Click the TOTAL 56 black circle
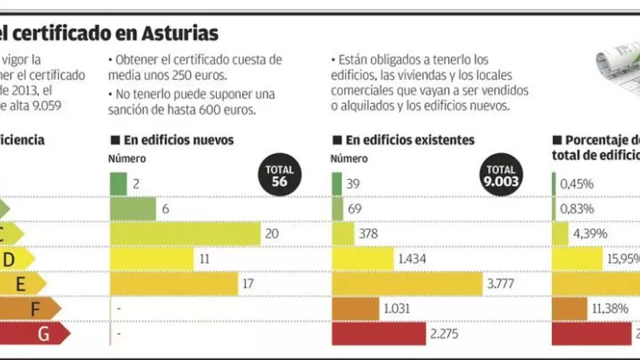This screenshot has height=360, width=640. tap(279, 177)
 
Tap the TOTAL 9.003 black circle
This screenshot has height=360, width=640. tap(500, 177)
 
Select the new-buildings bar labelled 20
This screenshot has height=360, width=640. tap(185, 233)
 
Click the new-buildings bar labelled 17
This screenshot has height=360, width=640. tap(174, 283)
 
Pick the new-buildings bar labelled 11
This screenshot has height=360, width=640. tap(152, 258)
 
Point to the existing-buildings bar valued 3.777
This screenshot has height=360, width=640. tap(407, 283)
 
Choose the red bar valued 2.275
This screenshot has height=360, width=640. tap(379, 334)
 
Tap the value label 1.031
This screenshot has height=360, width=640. tap(396, 308)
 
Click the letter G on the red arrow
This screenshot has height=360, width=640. tap(44, 334)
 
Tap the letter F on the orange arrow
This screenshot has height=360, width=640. tap(33, 308)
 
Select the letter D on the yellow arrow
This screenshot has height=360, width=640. tap(9, 258)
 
